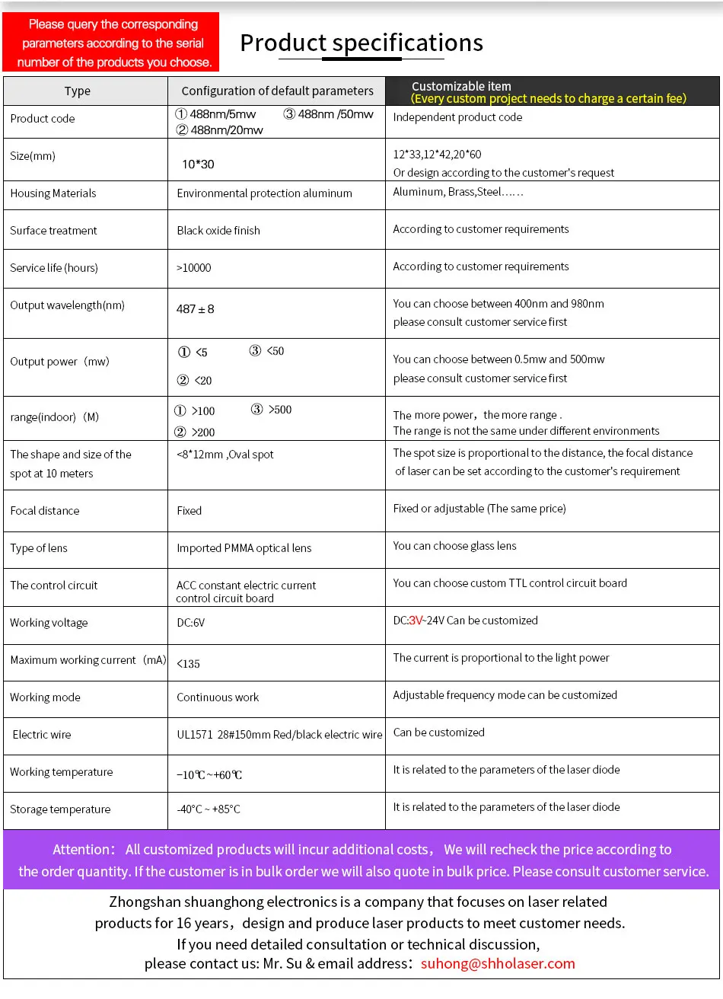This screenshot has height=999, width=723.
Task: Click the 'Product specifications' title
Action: point(361,43)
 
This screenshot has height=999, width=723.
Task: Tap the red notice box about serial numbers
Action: point(111,43)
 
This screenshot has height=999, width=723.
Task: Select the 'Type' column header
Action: point(78,91)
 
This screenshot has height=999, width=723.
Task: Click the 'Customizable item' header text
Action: point(461,86)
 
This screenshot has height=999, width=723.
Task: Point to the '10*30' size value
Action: point(198,164)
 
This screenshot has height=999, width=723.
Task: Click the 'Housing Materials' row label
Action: point(53,193)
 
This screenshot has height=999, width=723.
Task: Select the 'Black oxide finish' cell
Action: point(218,231)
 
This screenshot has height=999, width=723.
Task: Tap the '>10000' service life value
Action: point(194,268)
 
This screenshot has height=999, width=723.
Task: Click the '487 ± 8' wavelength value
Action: point(196,309)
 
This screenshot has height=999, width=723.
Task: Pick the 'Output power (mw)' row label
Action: point(60,362)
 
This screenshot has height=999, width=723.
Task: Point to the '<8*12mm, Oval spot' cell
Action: point(225,455)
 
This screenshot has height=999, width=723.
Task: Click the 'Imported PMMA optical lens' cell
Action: point(244,548)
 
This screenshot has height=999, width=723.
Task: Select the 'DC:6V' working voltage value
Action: point(191,623)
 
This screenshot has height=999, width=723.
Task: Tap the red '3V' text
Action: point(416,621)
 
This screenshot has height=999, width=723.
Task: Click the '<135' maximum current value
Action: point(189,664)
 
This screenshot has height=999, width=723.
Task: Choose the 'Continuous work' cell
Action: point(218,697)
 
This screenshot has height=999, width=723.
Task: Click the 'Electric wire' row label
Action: point(42,735)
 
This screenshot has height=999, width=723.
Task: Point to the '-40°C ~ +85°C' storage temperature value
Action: point(209,809)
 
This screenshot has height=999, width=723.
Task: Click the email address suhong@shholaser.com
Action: point(498,964)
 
